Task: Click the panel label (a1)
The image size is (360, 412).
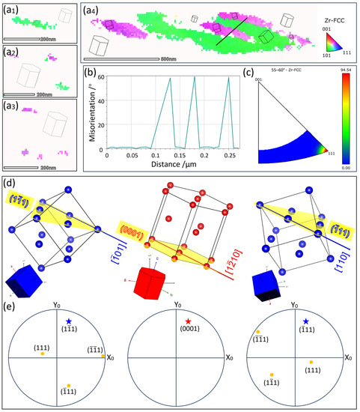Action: [10, 9]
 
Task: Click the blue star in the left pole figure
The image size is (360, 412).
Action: [64, 306]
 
